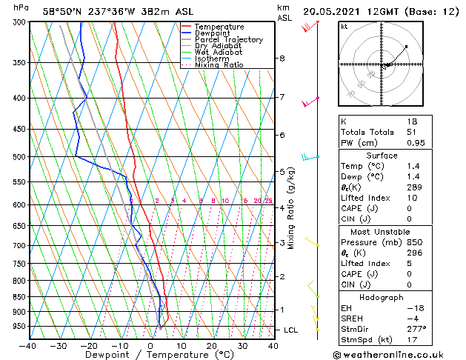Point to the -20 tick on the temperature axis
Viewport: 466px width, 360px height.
89,345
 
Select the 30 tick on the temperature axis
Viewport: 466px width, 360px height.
242,345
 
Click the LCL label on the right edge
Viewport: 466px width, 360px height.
291,330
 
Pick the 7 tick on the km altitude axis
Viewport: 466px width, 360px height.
282,97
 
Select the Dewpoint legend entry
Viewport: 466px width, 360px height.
213,33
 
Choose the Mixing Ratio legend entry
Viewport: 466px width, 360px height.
219,65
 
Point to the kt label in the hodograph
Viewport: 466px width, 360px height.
344,27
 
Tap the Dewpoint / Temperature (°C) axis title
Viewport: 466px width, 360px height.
150,355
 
